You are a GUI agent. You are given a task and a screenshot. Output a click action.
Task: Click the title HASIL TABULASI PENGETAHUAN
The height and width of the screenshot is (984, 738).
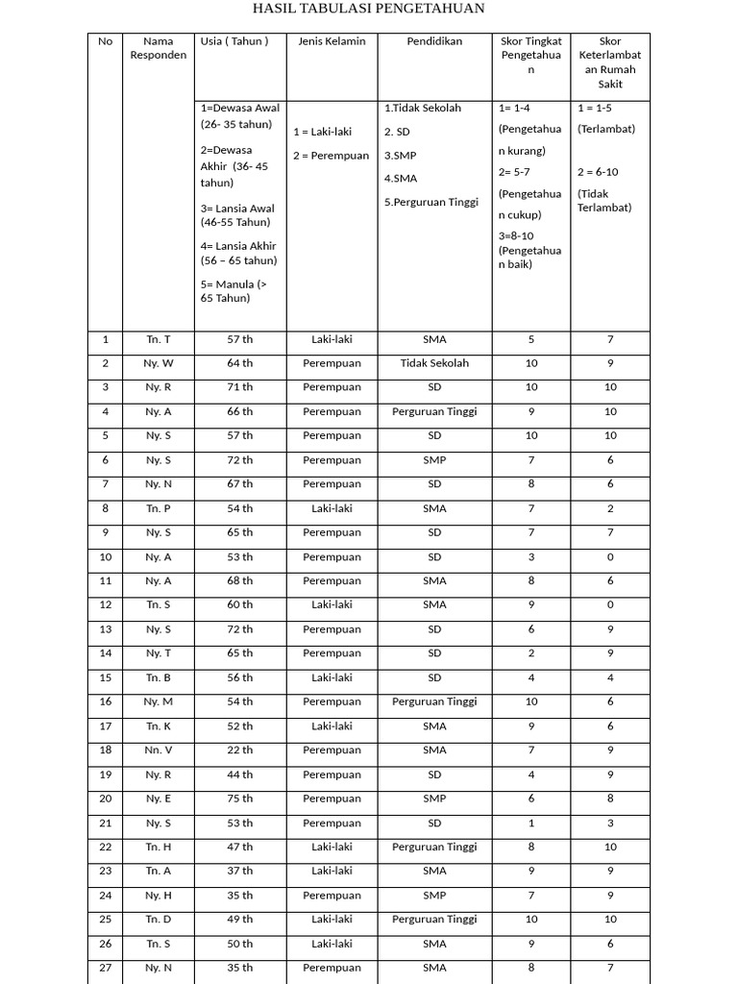coord(368,10)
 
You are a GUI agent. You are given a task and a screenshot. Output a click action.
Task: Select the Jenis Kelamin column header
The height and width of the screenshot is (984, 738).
coord(332,41)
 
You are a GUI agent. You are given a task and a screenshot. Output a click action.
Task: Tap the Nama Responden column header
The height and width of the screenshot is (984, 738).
coord(159,48)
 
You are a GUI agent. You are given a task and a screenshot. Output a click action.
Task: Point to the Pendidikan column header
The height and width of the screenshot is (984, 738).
coord(434,41)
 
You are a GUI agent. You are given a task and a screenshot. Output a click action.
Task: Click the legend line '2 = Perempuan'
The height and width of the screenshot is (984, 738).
coord(332,156)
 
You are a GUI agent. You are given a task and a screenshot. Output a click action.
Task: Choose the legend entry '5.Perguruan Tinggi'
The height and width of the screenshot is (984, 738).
coord(431,202)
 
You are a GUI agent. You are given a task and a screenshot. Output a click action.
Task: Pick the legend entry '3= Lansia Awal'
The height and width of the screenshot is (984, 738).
coord(237,215)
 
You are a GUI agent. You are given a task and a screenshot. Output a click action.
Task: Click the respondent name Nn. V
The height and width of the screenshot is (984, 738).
coord(159,750)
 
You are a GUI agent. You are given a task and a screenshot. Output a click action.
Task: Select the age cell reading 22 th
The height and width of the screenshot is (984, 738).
coord(240,750)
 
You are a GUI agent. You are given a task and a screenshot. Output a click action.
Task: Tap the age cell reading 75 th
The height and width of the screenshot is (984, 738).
coord(240,799)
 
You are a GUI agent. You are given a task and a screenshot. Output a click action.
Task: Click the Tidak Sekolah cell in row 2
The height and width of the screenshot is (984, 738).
coord(434,363)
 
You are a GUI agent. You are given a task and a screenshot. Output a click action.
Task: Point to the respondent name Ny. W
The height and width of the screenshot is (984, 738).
coord(159,363)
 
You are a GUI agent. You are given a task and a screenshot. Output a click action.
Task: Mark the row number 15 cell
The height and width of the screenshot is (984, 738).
coord(106,677)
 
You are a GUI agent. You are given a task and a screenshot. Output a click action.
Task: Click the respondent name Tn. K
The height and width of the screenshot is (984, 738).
coord(159,726)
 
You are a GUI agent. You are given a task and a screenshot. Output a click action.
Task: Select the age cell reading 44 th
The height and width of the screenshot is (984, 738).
coord(240,775)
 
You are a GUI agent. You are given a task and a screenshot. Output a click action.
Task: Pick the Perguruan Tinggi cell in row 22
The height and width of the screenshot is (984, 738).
coord(434,847)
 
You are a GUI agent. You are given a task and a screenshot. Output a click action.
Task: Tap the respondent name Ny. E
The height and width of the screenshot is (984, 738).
coord(159,799)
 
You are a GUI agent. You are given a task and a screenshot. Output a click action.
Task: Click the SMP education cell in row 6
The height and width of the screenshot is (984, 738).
coord(434,460)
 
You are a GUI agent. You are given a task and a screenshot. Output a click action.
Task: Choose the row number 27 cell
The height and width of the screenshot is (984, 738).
coord(106,968)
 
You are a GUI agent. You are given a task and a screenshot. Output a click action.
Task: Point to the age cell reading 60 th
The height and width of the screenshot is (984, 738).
coord(240,604)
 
